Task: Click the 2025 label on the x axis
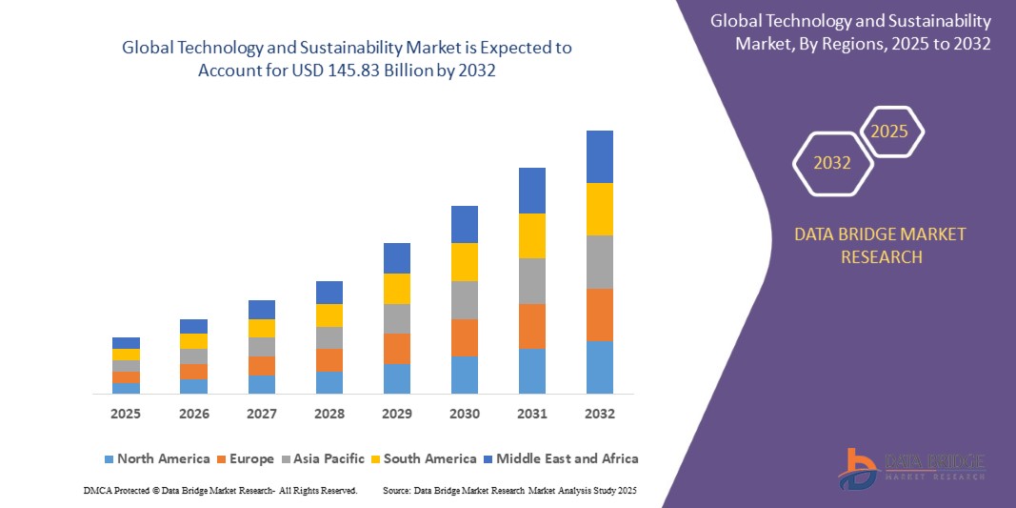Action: [126, 415]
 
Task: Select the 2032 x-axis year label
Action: [599, 415]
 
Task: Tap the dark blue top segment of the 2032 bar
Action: [599, 156]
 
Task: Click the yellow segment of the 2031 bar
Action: [531, 235]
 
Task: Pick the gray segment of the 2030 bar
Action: [464, 299]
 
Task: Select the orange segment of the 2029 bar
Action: [396, 348]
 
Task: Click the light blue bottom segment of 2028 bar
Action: [329, 382]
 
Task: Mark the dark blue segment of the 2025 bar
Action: [126, 343]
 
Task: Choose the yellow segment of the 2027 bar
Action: [261, 328]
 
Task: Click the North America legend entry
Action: [156, 458]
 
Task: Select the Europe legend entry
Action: [245, 458]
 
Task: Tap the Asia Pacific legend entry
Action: [322, 458]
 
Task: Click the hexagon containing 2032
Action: [832, 163]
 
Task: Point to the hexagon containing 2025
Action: [890, 132]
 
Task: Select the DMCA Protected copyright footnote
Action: [220, 490]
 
